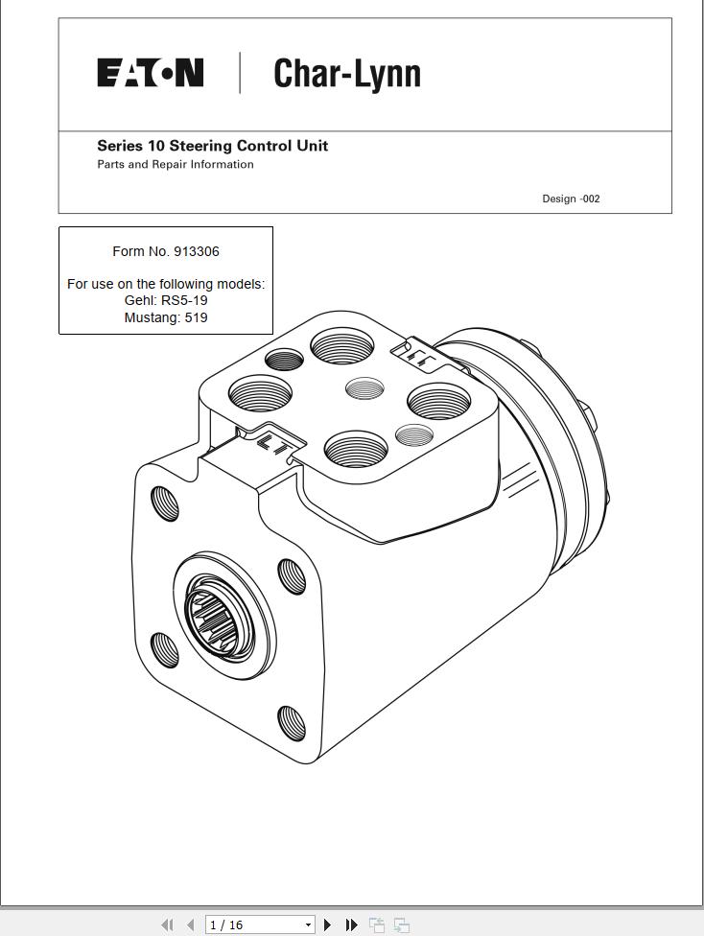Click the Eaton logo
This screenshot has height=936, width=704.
pos(150,73)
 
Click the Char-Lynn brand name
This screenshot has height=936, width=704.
pos(346,74)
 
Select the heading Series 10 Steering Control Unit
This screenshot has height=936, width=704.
pos(212,146)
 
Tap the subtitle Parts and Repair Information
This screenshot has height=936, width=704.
pos(175,164)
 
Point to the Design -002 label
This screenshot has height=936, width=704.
pos(571,199)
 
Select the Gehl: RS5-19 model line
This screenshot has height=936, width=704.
pos(166,300)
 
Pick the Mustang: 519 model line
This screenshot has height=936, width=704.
pos(166,317)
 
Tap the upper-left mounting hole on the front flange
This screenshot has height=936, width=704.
pos(165,503)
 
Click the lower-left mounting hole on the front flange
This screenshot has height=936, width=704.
pos(165,649)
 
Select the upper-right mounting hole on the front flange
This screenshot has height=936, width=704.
pos(292,576)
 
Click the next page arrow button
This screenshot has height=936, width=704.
pos(327,924)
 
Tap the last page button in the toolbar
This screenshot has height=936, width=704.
pos(351,924)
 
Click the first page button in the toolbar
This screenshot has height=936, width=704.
pos(167,924)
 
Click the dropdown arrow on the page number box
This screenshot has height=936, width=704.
pos(308,924)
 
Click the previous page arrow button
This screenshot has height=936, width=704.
pos(190,924)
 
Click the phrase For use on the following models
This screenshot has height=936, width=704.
pos(166,284)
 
